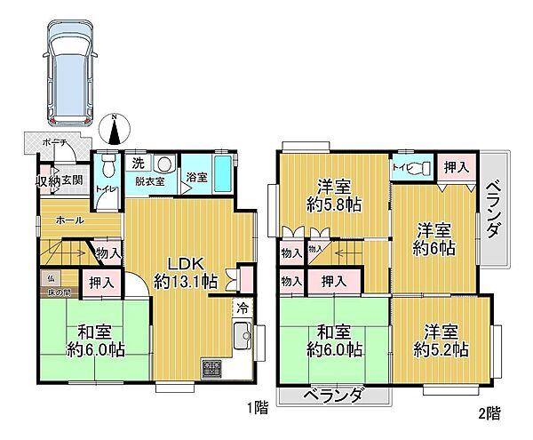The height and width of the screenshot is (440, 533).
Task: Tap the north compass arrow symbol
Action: pos(114,130)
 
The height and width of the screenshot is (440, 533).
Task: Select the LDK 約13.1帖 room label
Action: pos(186,272)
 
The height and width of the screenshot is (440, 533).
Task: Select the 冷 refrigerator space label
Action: pos(241,308)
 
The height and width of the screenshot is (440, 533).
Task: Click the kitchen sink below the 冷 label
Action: pos(243,339)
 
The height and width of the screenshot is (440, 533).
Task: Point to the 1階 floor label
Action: pos(258,410)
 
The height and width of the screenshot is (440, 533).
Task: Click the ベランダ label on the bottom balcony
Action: pos(330,395)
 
